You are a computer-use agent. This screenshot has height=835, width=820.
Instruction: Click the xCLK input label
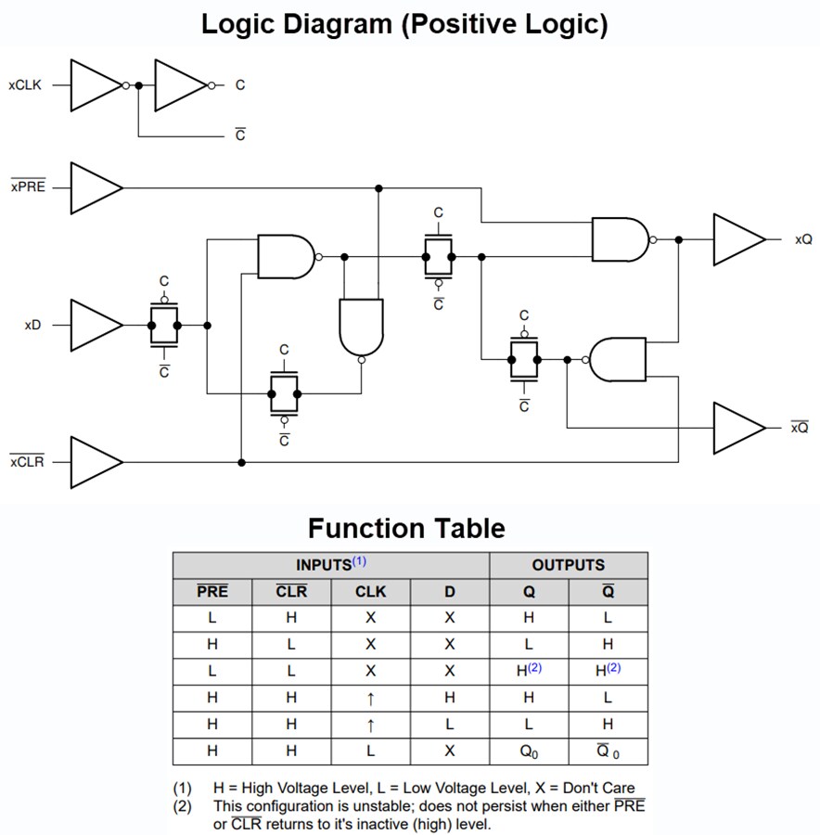click(25, 85)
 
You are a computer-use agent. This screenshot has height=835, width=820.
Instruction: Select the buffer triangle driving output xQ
click(737, 239)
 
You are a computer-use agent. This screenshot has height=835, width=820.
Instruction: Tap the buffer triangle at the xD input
click(94, 325)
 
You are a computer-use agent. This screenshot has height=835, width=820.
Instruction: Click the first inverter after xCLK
click(94, 85)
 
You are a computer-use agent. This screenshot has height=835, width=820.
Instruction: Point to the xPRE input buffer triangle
click(94, 188)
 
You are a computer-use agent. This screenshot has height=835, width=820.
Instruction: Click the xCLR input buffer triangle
click(94, 461)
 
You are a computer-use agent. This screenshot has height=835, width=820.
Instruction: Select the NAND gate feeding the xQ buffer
click(620, 239)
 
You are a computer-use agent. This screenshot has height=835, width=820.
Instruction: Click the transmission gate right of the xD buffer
click(164, 326)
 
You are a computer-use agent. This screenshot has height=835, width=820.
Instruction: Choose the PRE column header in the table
click(212, 592)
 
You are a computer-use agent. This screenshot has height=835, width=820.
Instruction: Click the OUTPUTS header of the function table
click(568, 565)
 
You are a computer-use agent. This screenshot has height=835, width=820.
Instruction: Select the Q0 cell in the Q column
click(528, 751)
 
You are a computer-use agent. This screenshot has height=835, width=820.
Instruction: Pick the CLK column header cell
click(370, 592)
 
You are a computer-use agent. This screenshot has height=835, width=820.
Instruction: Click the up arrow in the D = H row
click(370, 698)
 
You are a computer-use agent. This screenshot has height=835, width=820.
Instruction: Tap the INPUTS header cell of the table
click(331, 565)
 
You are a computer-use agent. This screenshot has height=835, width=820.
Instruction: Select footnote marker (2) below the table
click(184, 806)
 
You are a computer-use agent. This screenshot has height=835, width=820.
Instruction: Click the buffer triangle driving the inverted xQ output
click(737, 428)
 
